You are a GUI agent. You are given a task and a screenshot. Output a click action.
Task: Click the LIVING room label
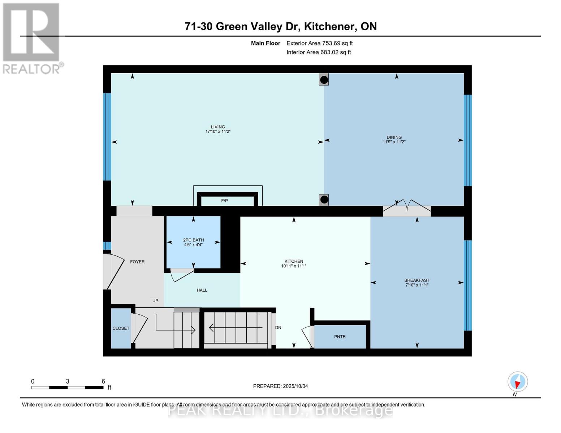click(x=218, y=127)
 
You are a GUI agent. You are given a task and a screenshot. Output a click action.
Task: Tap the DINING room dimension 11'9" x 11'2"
click(x=394, y=142)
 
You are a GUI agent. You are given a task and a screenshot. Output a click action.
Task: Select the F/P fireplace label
click(x=224, y=201)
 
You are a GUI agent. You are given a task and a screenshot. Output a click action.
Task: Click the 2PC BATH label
click(x=193, y=240)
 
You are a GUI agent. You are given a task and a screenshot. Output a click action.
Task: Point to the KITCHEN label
click(x=294, y=261)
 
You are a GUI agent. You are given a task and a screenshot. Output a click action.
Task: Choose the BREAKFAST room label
click(x=417, y=280)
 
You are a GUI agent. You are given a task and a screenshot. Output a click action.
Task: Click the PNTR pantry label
click(x=340, y=337)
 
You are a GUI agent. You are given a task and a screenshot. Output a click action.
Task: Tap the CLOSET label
click(x=121, y=328)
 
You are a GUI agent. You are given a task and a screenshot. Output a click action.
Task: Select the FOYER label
click(x=137, y=262)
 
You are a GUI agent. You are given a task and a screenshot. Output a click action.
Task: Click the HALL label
click(x=202, y=290)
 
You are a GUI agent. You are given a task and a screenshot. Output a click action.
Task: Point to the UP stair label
click(x=155, y=301)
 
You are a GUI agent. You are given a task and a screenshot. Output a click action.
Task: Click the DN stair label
click(x=278, y=328)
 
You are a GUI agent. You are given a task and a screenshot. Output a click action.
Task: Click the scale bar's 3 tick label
click(x=68, y=381)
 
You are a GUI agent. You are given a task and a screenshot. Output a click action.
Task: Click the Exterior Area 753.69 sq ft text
click(x=319, y=43)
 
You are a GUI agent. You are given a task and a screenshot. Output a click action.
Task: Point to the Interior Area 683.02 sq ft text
click(x=319, y=52)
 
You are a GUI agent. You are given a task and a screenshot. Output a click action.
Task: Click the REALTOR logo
click(x=32, y=38)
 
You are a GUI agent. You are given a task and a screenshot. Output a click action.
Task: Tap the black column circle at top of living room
click(x=324, y=80)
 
